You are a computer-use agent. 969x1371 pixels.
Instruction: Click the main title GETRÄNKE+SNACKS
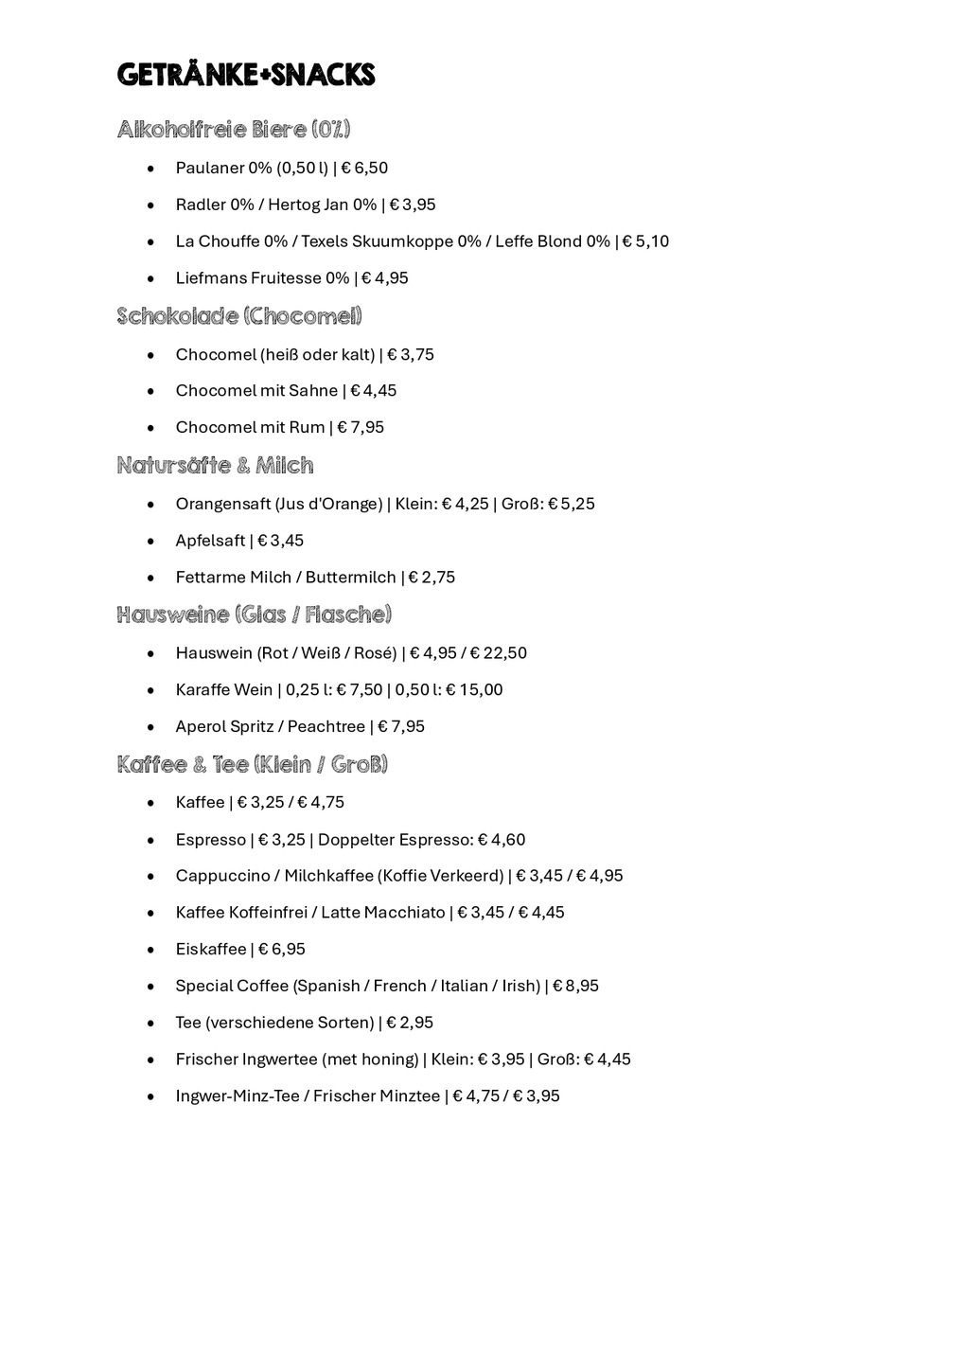246,75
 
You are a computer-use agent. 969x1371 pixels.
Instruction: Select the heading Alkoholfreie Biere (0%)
234,129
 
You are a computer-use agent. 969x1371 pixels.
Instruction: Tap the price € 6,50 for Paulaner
364,168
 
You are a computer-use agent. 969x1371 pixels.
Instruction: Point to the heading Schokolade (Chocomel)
239,315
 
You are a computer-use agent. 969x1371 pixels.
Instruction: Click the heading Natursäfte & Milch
215,465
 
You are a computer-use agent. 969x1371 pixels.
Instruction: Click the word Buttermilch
350,577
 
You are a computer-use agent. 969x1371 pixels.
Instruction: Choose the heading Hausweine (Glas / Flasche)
254,614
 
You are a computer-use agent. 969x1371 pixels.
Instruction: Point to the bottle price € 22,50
499,652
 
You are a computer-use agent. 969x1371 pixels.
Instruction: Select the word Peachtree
326,726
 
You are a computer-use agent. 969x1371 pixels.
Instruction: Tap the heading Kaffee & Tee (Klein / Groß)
253,764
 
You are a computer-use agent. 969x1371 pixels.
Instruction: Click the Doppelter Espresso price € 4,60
502,840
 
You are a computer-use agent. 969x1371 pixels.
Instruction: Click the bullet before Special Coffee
150,987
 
